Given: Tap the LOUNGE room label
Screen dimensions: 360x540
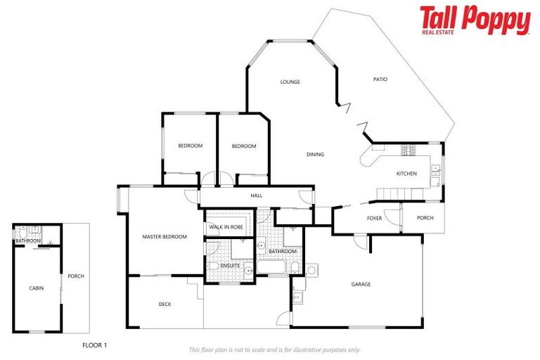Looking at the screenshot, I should [290, 82].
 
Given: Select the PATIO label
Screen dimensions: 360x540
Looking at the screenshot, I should [380, 79].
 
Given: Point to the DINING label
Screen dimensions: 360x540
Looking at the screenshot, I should [315, 155].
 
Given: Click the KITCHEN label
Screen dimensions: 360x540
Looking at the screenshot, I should [406, 174].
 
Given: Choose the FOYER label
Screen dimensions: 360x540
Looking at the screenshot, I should [375, 218].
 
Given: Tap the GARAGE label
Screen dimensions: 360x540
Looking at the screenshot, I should [361, 284].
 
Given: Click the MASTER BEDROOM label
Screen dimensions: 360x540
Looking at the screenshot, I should [165, 237].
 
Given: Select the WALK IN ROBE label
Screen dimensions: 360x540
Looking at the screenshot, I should [225, 228].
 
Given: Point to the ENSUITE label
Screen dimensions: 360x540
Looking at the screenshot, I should [230, 265].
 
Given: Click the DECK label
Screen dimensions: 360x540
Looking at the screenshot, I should [165, 304].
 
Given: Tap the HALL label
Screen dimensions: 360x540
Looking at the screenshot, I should [257, 196].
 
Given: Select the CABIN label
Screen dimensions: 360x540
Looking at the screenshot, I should [36, 288].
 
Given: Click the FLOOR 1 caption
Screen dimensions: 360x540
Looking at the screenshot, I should [94, 345].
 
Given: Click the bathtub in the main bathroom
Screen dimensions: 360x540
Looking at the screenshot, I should [271, 268].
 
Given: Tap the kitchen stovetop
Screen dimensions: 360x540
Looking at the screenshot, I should [409, 150].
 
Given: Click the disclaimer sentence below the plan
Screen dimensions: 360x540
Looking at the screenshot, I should [274, 349].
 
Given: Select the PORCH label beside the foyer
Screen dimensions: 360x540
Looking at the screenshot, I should [425, 218].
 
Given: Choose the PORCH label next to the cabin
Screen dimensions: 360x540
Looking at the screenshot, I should [75, 276].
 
